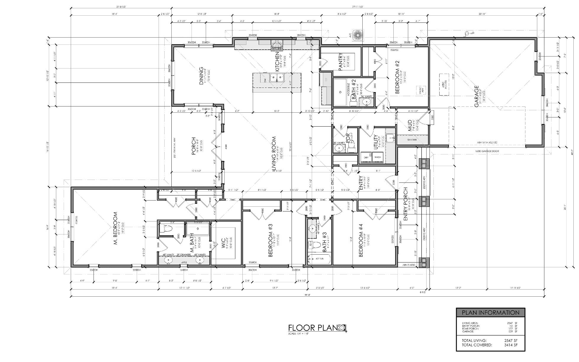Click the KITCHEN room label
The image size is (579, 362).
(x=277, y=62)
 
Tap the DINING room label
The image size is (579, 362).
(x=202, y=76)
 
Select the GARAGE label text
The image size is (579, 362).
(x=477, y=96)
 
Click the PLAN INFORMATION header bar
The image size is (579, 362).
(x=490, y=313)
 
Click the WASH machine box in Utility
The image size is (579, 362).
(x=378, y=157)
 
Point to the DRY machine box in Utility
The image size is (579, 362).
(x=366, y=157)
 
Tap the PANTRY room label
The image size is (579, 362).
(x=340, y=62)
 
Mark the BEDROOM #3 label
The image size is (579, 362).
(x=270, y=240)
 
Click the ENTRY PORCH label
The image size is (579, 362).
(x=406, y=204)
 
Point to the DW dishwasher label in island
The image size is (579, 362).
(x=265, y=80)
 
